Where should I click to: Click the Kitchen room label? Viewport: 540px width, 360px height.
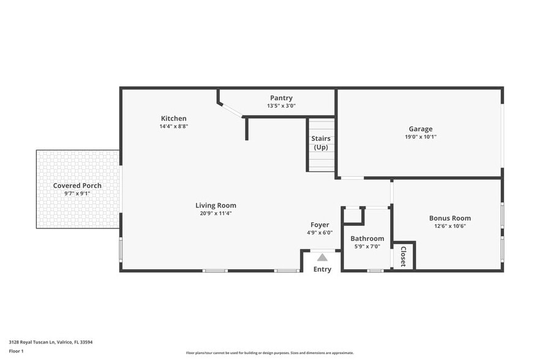173,118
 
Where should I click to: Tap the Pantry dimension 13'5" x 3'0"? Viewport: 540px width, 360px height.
281,105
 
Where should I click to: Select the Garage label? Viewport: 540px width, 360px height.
421,129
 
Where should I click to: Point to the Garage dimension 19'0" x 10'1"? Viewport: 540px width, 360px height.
421,137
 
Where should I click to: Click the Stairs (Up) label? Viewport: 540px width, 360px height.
321,143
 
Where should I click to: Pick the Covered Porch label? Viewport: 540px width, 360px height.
77,186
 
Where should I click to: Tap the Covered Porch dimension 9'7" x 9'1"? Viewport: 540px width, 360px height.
77,193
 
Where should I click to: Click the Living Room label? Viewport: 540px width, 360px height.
216,205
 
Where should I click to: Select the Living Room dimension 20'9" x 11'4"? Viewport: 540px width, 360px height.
216,213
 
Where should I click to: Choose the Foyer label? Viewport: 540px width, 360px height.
320,225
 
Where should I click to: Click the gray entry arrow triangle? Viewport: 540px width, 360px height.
322,258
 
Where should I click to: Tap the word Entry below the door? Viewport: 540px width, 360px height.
322,269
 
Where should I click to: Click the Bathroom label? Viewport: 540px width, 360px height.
367,238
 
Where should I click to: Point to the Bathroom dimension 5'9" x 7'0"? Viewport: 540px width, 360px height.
367,246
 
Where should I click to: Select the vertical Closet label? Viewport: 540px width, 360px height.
403,256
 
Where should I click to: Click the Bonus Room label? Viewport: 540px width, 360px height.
449,218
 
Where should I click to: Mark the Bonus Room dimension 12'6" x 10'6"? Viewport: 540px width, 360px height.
449,226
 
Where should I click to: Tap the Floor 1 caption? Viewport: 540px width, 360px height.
16,351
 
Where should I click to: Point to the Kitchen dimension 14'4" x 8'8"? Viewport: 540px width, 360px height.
173,126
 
